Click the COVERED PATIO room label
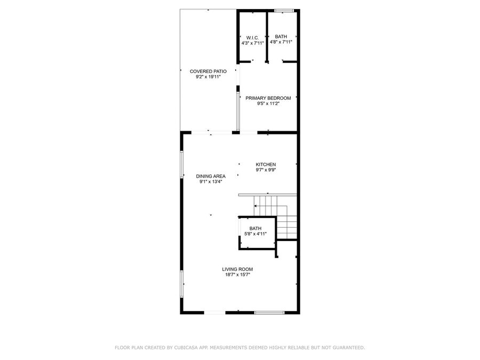click(208, 71)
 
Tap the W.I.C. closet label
click(253, 38)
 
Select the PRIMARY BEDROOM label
click(268, 98)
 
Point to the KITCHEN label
click(266, 164)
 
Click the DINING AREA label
click(211, 176)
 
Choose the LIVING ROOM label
click(237, 269)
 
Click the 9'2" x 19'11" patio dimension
click(208, 77)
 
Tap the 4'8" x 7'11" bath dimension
click(281, 42)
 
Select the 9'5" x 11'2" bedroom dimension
click(268, 103)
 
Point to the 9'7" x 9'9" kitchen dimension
click(266, 170)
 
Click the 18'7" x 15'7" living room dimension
click(237, 275)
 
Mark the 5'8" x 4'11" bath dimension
click(255, 234)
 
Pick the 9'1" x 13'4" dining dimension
click(211, 181)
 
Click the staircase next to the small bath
click(276, 216)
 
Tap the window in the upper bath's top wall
click(284, 11)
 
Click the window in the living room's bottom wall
click(269, 313)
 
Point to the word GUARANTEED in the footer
click(350, 347)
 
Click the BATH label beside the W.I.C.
click(281, 36)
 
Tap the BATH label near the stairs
click(255, 228)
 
